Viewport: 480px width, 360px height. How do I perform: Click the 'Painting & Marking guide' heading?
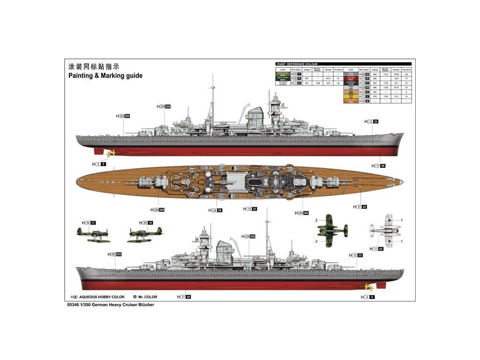point(105,75)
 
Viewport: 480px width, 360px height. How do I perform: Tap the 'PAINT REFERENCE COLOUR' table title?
point(297,64)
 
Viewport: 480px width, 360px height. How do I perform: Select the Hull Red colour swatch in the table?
point(351,78)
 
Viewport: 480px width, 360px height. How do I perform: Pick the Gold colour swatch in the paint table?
point(351,96)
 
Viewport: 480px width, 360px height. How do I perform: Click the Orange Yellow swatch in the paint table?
point(351,101)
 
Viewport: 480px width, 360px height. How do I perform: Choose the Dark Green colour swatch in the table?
point(283,74)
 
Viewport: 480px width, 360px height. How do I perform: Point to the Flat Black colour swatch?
point(351,83)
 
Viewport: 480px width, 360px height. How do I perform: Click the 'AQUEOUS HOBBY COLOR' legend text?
point(102,297)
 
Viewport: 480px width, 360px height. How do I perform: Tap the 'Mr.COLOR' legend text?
point(148,297)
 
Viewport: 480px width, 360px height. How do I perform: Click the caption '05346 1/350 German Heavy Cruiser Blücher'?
point(104,305)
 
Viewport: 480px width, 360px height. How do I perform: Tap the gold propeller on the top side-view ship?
point(111,153)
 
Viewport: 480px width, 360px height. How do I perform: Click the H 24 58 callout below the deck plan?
point(217,210)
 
